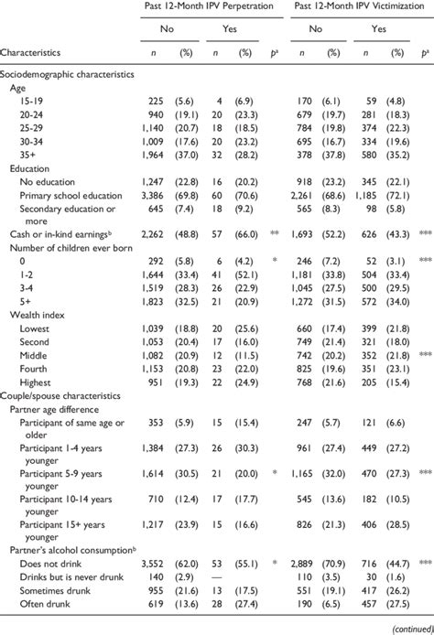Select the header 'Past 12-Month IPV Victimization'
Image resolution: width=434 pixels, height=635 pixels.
pos(358,6)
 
